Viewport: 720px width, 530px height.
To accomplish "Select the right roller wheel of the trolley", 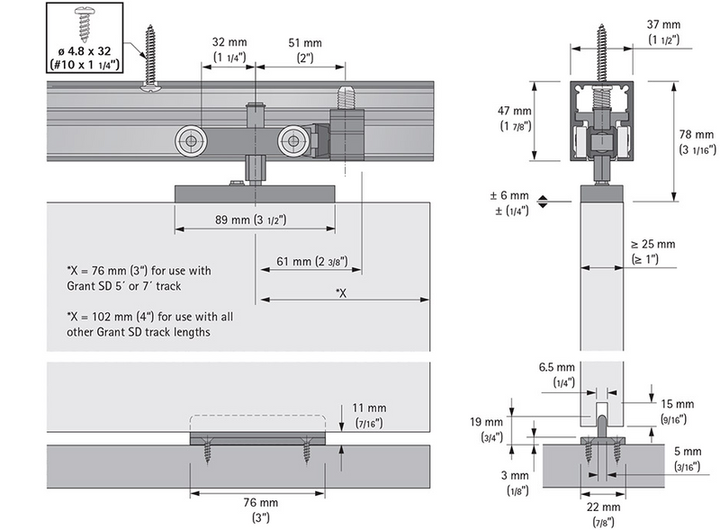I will pos(292,139).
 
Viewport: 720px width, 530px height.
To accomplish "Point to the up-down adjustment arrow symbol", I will pos(543,203).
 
